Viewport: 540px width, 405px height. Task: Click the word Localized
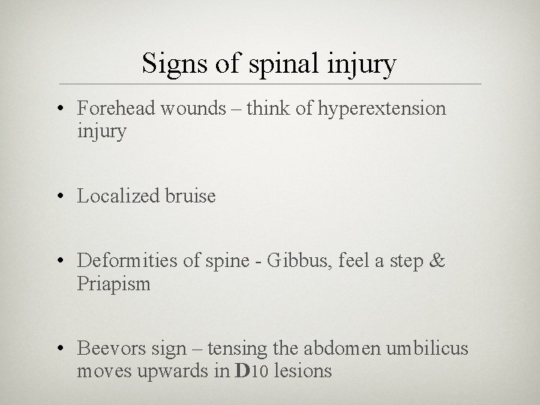point(117,197)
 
